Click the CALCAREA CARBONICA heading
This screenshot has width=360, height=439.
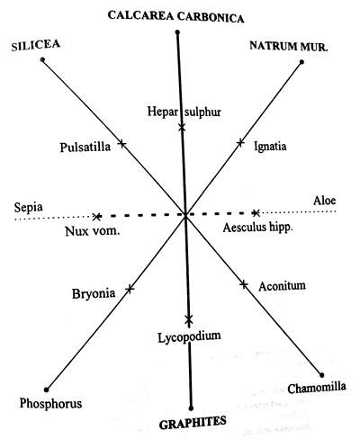pyautogui.click(x=175, y=16)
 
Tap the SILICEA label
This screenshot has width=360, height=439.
pyautogui.click(x=36, y=45)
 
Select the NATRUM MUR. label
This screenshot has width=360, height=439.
pyautogui.click(x=289, y=46)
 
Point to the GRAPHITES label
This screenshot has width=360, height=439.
pyautogui.click(x=193, y=423)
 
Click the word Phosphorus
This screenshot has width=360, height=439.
pyautogui.click(x=50, y=403)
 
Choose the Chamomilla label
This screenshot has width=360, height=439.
pyautogui.click(x=317, y=388)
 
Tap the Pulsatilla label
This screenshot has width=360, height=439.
pyautogui.click(x=85, y=148)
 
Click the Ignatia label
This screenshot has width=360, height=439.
pyautogui.click(x=270, y=147)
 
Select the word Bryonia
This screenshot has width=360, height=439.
pyautogui.click(x=94, y=293)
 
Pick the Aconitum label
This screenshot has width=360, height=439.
pyautogui.click(x=283, y=286)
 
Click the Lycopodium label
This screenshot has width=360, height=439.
pyautogui.click(x=189, y=336)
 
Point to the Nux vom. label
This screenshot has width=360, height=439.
pyautogui.click(x=93, y=231)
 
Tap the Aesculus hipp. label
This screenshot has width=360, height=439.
pyautogui.click(x=257, y=228)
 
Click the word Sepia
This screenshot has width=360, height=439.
pyautogui.click(x=29, y=207)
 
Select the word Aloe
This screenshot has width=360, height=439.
pyautogui.click(x=324, y=201)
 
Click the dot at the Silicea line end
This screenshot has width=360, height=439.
pyautogui.click(x=42, y=59)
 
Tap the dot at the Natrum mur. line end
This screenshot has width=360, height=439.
pyautogui.click(x=301, y=62)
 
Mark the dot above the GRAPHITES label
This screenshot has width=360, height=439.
pyautogui.click(x=191, y=408)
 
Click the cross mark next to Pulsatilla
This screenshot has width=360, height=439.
pyautogui.click(x=121, y=143)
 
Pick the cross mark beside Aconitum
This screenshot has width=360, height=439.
pyautogui.click(x=244, y=284)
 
